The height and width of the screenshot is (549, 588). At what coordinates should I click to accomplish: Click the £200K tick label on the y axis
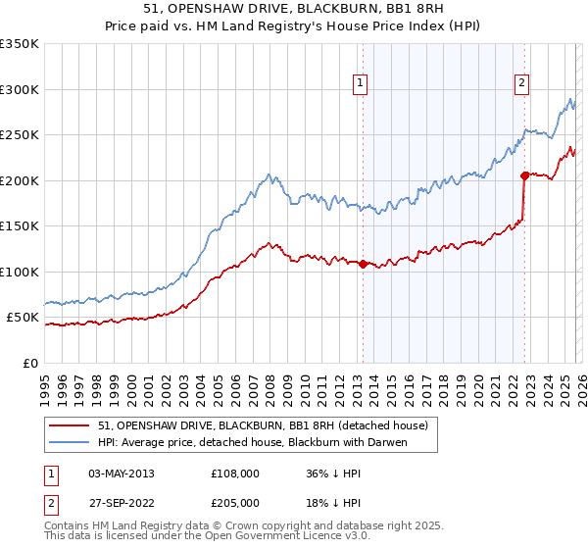20,180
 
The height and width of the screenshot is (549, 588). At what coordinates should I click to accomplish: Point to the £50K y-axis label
23,318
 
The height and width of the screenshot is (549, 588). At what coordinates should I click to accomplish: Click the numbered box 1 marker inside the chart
362,84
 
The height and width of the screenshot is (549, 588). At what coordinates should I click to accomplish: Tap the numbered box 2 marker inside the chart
522,84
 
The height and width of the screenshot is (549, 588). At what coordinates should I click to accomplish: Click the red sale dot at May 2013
363,264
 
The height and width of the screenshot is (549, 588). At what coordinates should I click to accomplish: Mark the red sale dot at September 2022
524,175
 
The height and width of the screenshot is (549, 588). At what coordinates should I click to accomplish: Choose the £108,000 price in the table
235,473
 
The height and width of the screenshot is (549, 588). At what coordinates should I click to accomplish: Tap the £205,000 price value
235,502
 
